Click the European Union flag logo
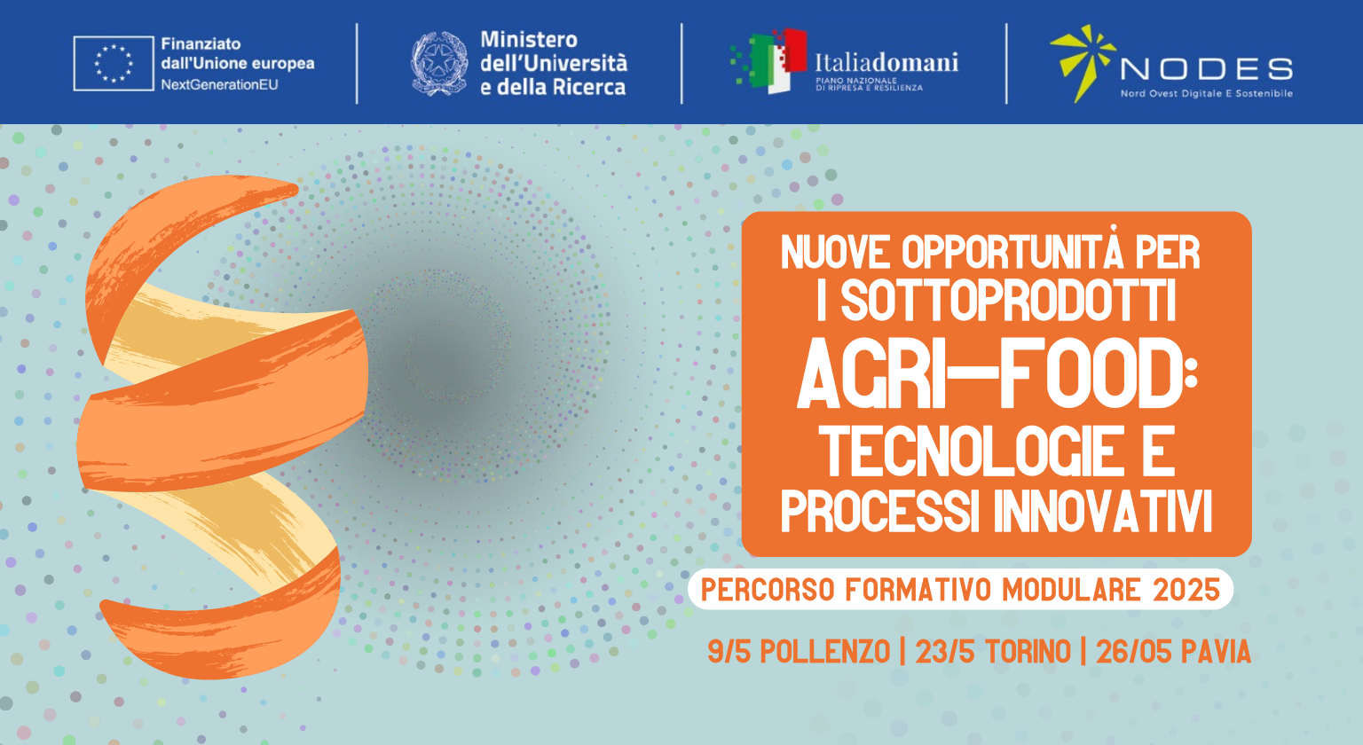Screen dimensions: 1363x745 114,63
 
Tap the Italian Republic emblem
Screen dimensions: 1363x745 439,63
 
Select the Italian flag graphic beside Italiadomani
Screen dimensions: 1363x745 769,61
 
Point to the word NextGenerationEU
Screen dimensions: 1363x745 220,84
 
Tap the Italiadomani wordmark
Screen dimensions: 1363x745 886,62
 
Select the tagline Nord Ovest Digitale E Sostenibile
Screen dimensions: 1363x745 1207,94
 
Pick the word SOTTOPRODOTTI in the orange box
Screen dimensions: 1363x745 1008,301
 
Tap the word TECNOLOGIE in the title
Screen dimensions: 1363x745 973,451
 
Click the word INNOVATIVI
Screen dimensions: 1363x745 1103,512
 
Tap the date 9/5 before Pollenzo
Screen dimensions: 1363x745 729,651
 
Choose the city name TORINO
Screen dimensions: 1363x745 1028,651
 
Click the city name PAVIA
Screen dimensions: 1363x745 1216,651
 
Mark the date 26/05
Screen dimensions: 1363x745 1133,651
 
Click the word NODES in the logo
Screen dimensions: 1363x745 1207,69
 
